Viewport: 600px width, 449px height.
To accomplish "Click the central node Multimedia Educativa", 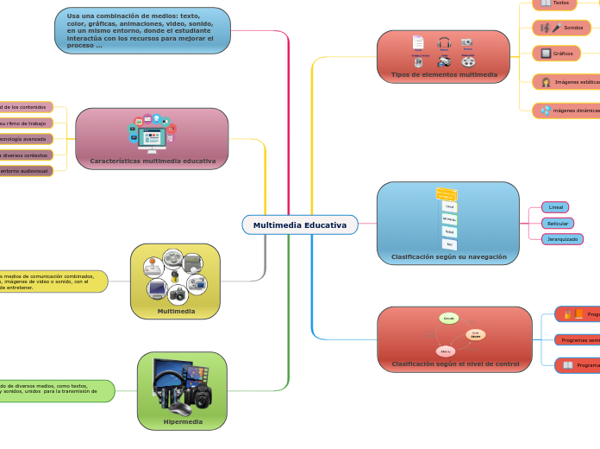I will [299, 224].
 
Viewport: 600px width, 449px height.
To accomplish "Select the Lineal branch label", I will [556, 207].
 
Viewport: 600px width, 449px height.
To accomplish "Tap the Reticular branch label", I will [558, 223].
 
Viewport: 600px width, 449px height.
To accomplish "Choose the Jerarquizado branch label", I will [562, 239].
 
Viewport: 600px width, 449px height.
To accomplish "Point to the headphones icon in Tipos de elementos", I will [444, 42].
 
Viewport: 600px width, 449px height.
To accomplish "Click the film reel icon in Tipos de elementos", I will [468, 61].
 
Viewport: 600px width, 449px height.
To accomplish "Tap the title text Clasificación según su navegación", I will [448, 256].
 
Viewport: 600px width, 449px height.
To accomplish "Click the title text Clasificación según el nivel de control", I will [455, 364].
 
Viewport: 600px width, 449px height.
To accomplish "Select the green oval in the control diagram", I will [448, 319].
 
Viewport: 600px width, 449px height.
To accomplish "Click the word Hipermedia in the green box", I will [183, 421].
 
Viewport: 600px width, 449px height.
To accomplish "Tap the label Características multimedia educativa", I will [153, 161].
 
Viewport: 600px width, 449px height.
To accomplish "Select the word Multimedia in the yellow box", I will [176, 311].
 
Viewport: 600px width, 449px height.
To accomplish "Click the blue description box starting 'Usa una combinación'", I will [142, 30].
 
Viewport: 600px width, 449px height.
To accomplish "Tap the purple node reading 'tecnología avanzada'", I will [24, 139].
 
